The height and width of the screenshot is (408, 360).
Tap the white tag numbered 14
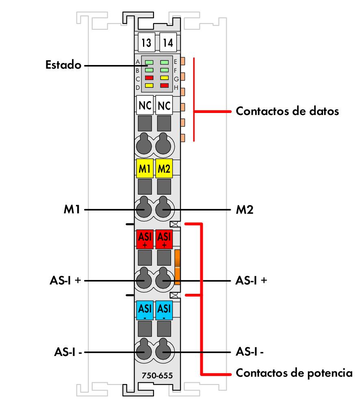coord(167,42)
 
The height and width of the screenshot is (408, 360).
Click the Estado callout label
coord(63,65)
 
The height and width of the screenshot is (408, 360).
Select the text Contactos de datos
coord(287,111)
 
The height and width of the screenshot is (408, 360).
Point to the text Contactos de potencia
coord(294,373)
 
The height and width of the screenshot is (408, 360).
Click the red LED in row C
coord(149,77)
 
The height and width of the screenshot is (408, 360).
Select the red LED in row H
coord(164,85)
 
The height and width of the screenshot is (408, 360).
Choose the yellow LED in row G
coord(164,77)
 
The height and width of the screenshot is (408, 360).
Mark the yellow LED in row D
coord(149,85)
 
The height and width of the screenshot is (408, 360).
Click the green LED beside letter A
coord(149,62)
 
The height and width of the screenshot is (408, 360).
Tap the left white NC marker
coord(145,106)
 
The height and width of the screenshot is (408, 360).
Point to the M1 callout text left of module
coord(72,210)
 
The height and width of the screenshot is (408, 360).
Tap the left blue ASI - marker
coord(145,310)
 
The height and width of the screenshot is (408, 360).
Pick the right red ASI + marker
coord(164,240)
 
